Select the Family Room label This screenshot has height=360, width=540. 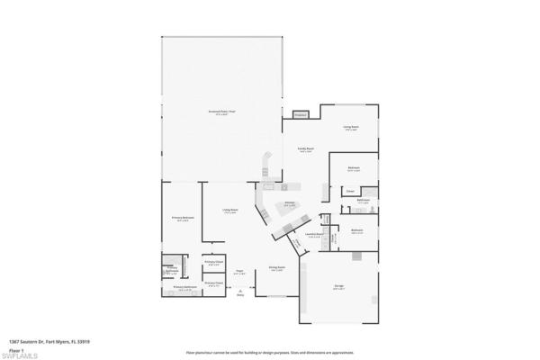tap(306, 150)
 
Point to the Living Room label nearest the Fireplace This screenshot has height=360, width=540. tap(351, 127)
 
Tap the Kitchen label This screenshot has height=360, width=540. tap(291, 203)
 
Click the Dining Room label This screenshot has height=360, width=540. tap(277, 269)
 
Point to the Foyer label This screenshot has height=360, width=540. tap(240, 272)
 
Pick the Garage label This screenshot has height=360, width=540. tap(339, 286)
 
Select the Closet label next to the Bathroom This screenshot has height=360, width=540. tap(350, 191)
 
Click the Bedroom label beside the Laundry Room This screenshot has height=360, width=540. tap(356, 230)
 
